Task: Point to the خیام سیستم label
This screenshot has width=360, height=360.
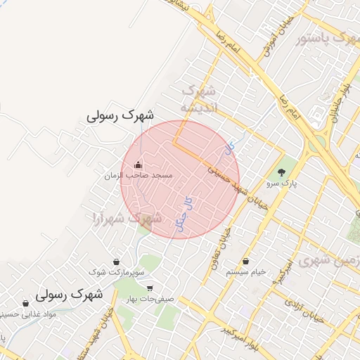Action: coord(245,272)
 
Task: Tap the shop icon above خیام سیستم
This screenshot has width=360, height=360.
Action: coord(245,262)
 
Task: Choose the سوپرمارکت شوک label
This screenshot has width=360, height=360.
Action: coord(117,271)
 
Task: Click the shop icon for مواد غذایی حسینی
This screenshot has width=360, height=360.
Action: coord(25,304)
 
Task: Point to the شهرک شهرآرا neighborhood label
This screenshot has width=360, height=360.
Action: coord(127,219)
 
